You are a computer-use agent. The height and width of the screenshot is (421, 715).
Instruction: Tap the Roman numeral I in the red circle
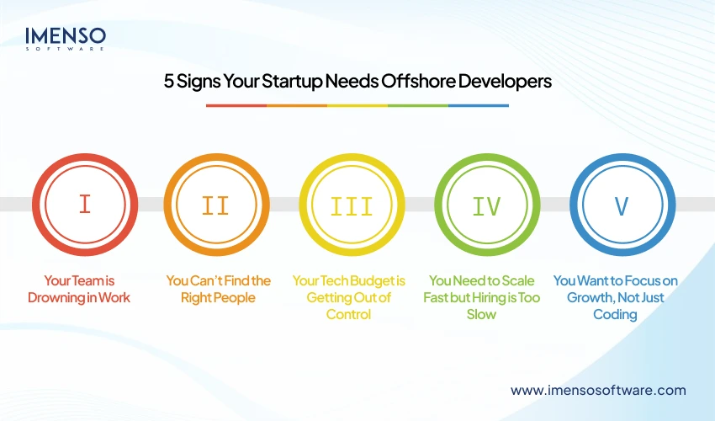pyautogui.click(x=84, y=205)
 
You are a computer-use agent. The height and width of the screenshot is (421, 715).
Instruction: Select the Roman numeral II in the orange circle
pyautogui.click(x=216, y=205)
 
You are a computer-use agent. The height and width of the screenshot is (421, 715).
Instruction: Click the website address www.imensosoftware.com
pyautogui.click(x=598, y=391)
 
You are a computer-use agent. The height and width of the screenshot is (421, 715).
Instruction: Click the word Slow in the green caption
pyautogui.click(x=482, y=314)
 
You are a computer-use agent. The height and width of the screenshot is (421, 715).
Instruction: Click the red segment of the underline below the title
pyautogui.click(x=236, y=105)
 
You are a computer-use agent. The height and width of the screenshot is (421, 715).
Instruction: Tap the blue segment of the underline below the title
pyautogui.click(x=479, y=105)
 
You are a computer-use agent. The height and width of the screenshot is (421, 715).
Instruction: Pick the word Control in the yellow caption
pyautogui.click(x=347, y=314)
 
